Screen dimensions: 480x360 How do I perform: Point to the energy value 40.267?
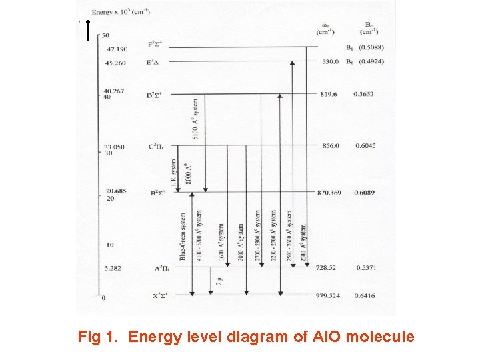pos(115,91)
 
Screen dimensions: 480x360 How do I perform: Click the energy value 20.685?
pos(115,192)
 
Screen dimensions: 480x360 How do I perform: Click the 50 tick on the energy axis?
pos(107,35)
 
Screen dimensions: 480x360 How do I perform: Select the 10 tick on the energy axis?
pos(110,245)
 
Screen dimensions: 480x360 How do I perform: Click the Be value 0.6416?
pos(365,295)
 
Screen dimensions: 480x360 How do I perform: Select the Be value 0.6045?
pos(365,145)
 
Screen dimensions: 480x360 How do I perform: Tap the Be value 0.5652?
pos(364,94)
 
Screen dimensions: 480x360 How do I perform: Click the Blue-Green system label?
pos(183,237)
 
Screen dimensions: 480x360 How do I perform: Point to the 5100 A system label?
pos(195,119)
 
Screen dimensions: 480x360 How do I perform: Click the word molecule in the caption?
pos(381,337)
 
